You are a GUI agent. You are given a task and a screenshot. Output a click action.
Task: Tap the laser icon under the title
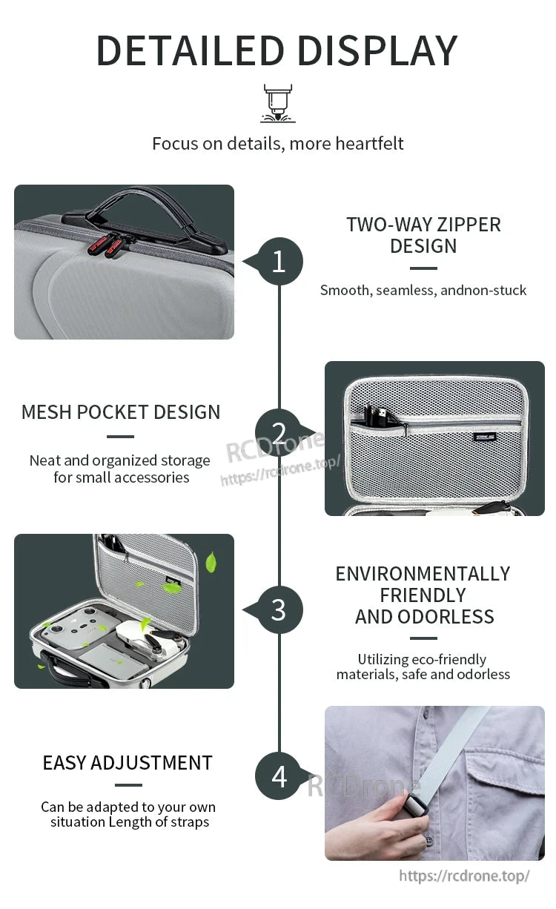278,103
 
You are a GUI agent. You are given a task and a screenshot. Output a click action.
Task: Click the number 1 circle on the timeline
279,261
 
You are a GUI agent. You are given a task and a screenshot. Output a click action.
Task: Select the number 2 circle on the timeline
279,433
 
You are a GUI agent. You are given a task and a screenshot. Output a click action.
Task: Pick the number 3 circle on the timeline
279,609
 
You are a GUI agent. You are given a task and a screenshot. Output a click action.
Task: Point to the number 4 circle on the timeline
279,776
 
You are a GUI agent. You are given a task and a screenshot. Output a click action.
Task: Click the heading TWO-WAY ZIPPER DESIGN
423,235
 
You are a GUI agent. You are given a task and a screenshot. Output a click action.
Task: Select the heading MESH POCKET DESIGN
121,412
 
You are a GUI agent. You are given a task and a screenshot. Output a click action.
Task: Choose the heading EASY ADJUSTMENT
128,763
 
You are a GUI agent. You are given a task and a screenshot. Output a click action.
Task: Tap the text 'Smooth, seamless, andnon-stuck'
423,290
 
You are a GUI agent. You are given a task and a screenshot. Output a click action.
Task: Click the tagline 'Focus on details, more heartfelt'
278,143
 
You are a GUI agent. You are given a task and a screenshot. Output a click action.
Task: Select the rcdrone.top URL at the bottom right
465,876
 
